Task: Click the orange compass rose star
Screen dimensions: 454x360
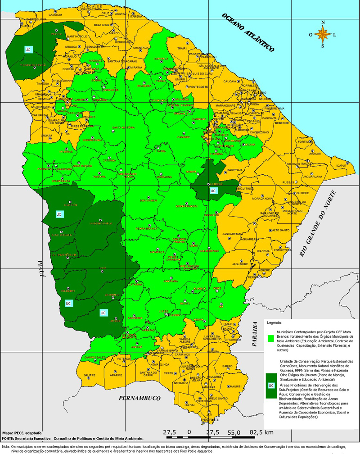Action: pos(323,34)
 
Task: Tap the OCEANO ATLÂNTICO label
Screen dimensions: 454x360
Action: pos(248,33)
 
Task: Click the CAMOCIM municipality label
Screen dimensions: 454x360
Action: pos(55,15)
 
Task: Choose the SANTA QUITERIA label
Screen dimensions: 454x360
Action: pos(120,128)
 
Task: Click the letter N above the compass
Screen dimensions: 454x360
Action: pos(323,23)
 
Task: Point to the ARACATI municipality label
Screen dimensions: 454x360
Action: pos(315,154)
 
